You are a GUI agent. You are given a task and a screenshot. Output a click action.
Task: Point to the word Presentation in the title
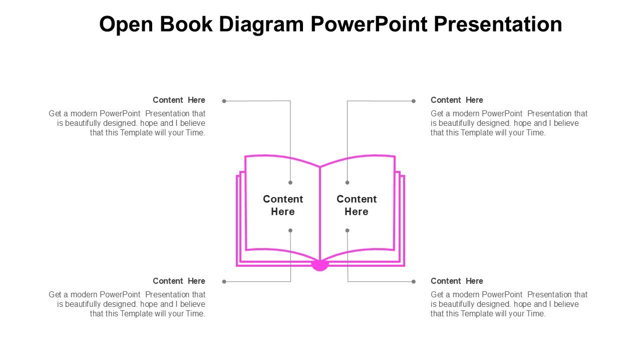tap(498, 24)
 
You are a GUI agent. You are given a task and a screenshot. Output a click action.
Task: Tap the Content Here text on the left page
tap(283, 206)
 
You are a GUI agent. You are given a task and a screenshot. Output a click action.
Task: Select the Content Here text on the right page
tap(357, 206)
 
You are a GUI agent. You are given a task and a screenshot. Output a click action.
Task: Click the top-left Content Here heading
tap(179, 100)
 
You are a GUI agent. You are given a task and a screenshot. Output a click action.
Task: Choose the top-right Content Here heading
tap(457, 100)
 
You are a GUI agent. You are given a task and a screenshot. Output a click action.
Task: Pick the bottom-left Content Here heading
tap(179, 281)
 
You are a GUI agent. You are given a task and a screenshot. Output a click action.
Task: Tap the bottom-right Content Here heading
tap(457, 281)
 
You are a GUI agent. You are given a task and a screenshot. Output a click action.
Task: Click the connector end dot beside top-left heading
tap(224, 101)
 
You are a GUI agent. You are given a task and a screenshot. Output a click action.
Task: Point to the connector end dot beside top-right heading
tap(414, 101)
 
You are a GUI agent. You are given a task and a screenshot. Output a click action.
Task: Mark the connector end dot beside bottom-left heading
tap(224, 282)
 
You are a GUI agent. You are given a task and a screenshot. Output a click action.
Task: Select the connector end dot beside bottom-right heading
tap(414, 282)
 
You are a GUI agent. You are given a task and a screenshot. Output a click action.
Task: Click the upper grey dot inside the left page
tap(290, 183)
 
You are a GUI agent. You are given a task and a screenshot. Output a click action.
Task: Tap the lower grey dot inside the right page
tap(347, 231)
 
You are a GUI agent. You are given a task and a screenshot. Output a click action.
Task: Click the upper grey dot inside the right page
tap(347, 183)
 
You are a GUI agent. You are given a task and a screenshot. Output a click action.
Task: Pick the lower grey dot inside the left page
tap(290, 231)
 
